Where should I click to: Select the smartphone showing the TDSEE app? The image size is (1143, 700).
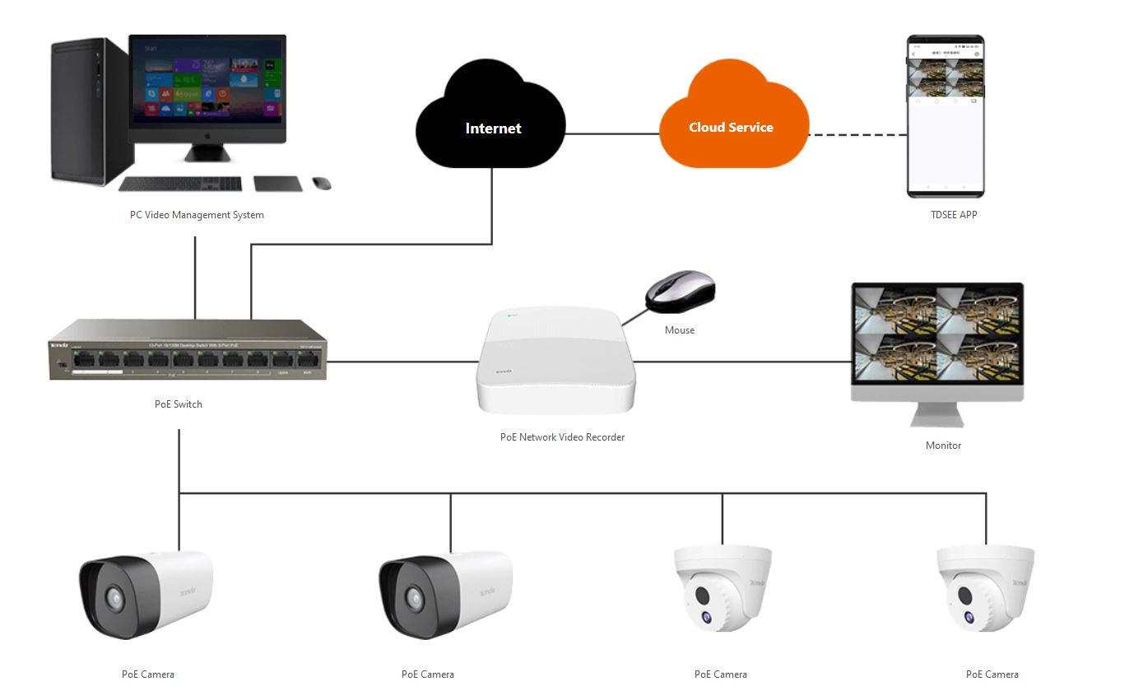(946, 116)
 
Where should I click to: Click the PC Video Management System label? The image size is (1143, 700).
(197, 215)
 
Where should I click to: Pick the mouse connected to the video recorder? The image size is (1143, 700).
(681, 290)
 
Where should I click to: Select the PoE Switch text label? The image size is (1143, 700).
(178, 404)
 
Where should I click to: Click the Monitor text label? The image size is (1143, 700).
(943, 446)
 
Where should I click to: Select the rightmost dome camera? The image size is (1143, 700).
(986, 589)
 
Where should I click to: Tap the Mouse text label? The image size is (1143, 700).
(680, 330)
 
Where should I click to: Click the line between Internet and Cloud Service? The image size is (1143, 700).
(613, 134)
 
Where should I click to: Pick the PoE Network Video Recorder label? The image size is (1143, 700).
(562, 437)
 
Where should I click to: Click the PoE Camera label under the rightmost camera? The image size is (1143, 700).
(992, 674)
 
